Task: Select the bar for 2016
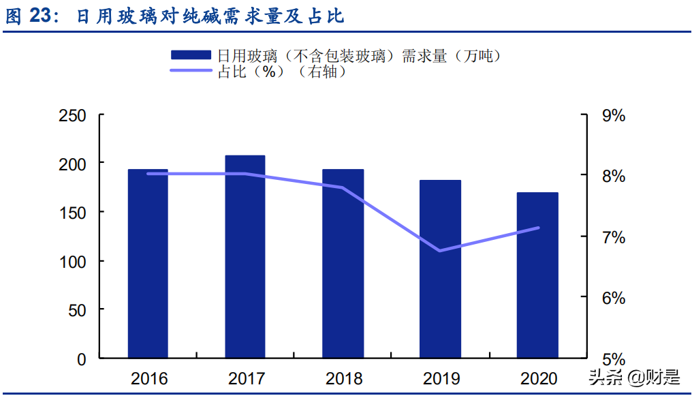point(148,263)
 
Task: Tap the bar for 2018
point(343,263)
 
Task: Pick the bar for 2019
point(441,269)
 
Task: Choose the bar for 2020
point(538,275)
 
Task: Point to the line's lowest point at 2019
point(441,250)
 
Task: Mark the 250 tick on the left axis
point(72,116)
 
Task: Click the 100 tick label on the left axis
point(72,262)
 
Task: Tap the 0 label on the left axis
point(82,359)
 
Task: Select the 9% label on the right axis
point(613,116)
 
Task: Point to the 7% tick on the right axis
point(613,238)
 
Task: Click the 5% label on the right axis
point(613,359)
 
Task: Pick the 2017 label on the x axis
point(246,378)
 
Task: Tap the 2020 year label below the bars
point(538,378)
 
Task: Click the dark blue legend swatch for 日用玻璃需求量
point(191,56)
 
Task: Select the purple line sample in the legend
point(191,71)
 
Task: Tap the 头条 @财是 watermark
point(634,378)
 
